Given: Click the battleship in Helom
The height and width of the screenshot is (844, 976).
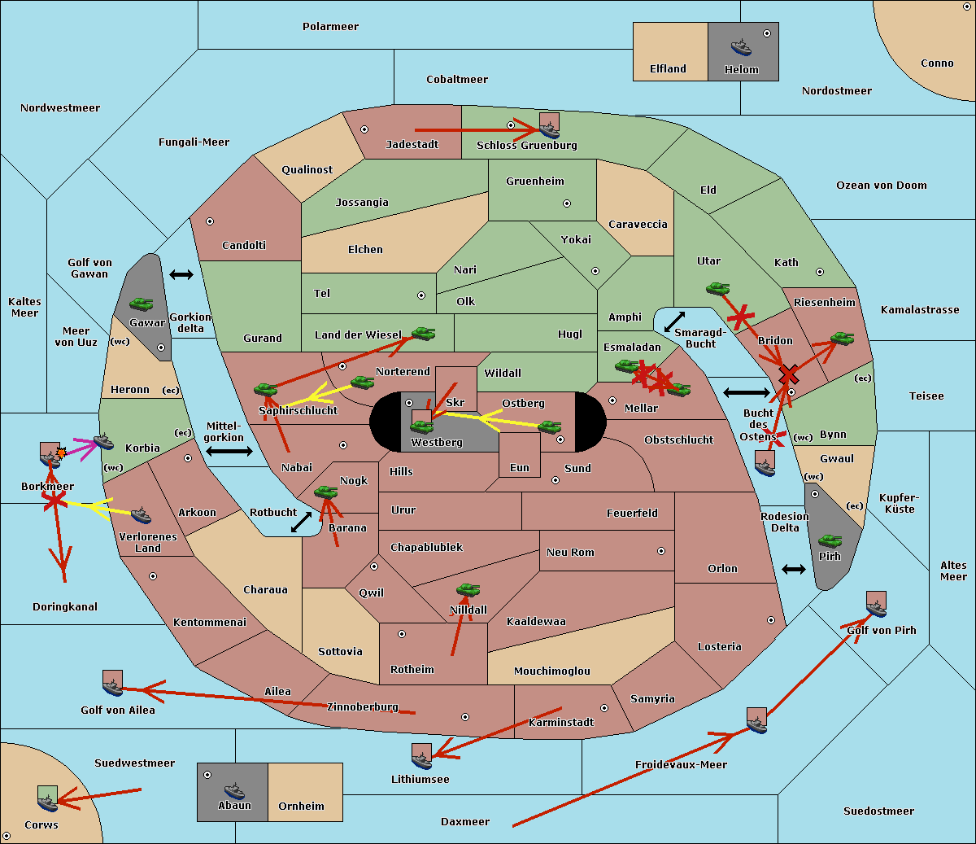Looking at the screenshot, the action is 741,48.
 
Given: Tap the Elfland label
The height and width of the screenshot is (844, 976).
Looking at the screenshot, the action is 668,69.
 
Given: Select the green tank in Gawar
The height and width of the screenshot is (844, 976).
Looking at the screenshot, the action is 142,304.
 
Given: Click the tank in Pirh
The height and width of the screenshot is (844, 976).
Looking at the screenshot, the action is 830,541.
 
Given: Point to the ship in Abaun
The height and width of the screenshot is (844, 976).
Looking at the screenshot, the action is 235,790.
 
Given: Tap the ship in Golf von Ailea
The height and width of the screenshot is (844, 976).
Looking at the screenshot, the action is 113,688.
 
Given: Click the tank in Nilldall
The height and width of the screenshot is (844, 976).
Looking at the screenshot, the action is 468,590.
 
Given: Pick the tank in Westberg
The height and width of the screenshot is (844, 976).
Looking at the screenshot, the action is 421,426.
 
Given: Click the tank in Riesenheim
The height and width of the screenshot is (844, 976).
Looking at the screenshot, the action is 843,339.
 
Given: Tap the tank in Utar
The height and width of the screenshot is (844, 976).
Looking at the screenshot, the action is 717,288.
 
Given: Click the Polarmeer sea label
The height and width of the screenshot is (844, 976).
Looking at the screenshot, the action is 330,27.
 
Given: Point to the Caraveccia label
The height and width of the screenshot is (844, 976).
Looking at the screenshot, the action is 638,224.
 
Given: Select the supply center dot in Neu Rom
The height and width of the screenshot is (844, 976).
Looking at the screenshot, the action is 661,551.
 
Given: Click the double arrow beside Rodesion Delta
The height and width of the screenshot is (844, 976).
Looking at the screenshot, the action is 794,570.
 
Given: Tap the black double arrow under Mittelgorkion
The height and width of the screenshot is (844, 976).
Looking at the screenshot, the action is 229,451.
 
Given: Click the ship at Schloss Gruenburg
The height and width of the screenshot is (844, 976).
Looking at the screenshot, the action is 549,129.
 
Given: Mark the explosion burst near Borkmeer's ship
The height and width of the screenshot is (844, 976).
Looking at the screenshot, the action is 61,453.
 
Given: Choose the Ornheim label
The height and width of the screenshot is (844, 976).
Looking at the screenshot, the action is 301,806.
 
